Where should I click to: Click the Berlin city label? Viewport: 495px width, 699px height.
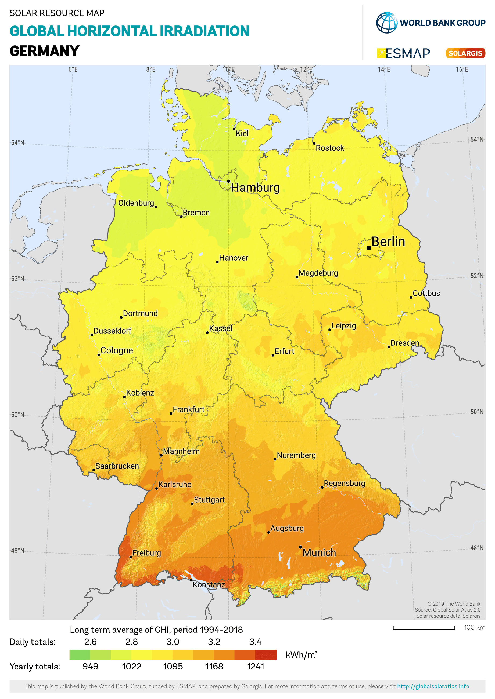388,242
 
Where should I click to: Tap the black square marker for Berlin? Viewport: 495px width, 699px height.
368,248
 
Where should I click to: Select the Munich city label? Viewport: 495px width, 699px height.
319,552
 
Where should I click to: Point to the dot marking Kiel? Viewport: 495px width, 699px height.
234,129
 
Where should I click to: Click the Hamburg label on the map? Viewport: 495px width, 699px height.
255,188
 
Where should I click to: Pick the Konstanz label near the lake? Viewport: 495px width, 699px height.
209,584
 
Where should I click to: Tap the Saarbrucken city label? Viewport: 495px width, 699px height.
117,466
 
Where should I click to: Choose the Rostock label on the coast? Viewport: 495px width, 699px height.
330,148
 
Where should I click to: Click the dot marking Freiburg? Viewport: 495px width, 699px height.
130,557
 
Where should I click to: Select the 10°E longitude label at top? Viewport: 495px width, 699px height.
228,69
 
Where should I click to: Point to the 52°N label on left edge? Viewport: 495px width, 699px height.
17,279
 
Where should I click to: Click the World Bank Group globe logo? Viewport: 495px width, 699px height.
386,23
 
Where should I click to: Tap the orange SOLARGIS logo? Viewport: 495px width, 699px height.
465,53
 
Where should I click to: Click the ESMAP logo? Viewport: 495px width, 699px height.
404,53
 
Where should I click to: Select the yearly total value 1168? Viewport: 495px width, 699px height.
214,667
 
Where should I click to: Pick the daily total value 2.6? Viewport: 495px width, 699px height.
90,642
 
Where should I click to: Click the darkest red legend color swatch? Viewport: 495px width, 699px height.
266,654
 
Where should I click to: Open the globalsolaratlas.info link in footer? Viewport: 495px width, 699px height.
433,686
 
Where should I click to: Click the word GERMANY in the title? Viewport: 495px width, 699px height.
45,51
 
